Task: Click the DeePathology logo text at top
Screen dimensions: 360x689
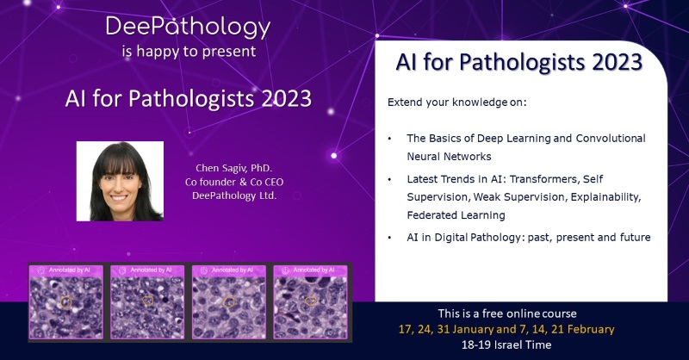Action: [x=188, y=27]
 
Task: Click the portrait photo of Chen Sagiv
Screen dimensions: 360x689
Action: [x=120, y=181]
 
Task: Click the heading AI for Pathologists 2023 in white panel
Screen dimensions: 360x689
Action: [x=519, y=63]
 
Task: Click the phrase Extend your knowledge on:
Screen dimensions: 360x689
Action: [x=456, y=102]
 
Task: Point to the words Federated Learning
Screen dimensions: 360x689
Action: [x=456, y=215]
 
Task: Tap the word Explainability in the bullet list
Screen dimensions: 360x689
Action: [x=604, y=197]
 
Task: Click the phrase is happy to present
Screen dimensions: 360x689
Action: [x=188, y=52]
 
